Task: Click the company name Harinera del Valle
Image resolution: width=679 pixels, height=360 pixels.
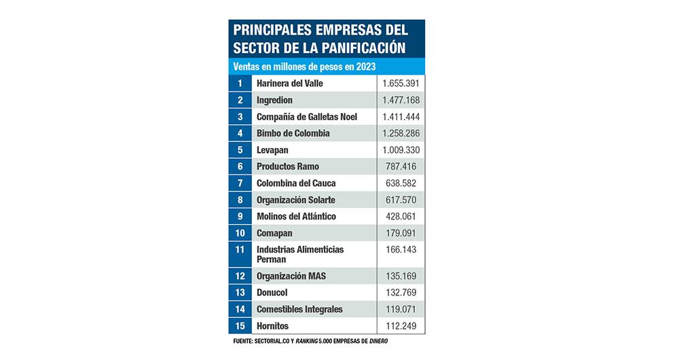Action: point(289,84)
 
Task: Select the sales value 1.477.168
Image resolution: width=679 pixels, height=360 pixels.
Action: point(401,100)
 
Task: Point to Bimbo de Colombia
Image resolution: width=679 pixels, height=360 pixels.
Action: point(293,133)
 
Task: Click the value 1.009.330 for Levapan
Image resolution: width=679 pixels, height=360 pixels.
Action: point(401,150)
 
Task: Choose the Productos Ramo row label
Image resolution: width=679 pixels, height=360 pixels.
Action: point(288,166)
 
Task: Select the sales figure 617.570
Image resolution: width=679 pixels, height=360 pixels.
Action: point(405,200)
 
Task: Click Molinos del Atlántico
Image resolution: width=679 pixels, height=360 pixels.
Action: point(296,217)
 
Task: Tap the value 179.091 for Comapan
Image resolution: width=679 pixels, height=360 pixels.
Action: point(405,233)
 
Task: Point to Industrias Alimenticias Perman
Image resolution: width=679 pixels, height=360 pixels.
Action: point(300,254)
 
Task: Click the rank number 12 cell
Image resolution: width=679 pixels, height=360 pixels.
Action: point(240,276)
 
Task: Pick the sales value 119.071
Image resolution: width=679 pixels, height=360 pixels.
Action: point(405,310)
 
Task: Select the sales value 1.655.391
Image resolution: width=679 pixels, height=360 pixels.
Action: point(401,84)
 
